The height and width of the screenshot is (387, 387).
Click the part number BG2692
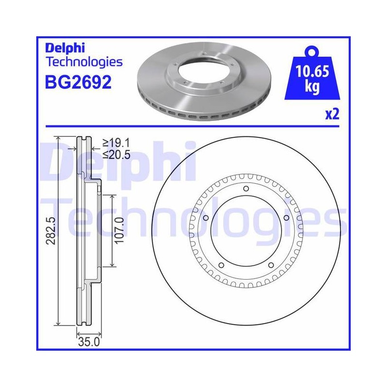coord(78,82)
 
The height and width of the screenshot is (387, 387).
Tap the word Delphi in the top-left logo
coord(65,48)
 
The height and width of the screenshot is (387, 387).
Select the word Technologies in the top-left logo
coord(84,62)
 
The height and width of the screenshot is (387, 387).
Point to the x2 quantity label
coord(332,114)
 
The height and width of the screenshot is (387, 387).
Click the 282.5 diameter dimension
coord(51,231)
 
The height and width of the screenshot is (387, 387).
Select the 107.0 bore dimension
coord(119,230)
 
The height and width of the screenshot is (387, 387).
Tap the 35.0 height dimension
coord(89,342)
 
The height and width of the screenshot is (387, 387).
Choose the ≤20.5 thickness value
coord(117,155)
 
